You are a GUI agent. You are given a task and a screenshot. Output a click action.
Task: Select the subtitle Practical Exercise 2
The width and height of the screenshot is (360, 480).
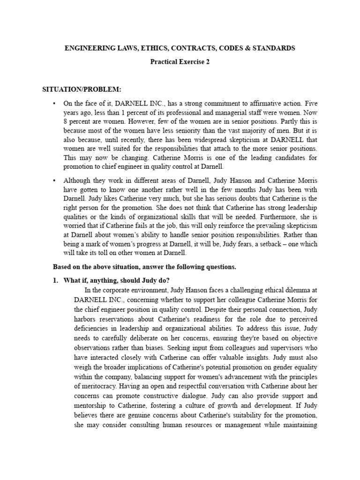(180, 61)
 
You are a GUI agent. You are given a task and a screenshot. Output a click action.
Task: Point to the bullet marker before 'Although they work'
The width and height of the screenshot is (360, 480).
(55, 180)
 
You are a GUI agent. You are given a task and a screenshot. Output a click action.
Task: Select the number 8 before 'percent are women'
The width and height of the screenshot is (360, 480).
(65, 121)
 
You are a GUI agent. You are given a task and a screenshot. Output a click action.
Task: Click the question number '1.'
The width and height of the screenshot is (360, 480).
(57, 280)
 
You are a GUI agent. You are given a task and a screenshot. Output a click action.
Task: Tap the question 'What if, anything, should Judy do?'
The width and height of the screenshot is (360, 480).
(118, 280)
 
